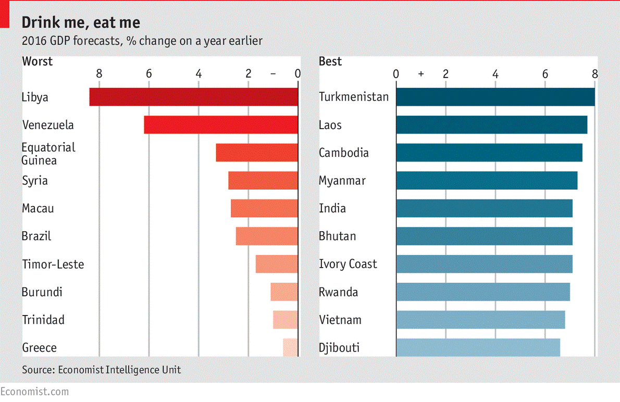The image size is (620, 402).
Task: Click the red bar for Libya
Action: click(193, 97)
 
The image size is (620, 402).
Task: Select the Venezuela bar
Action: click(221, 125)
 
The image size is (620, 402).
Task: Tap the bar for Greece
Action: click(290, 347)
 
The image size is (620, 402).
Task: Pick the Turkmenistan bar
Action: click(495, 97)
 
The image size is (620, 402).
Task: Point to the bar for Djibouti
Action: click(478, 347)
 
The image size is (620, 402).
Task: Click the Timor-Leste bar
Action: click(277, 264)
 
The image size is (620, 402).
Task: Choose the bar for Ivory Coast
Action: click(484, 264)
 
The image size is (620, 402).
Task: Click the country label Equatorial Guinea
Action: click(48, 154)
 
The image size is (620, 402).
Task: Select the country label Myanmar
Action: click(342, 181)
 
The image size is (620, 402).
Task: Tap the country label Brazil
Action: click(36, 236)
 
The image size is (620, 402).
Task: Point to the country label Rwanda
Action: click(338, 292)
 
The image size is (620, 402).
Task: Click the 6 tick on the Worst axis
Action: click(148, 74)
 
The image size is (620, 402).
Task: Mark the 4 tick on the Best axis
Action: click(495, 74)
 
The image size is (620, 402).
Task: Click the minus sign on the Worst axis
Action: click(273, 74)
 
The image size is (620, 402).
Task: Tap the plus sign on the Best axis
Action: click(421, 74)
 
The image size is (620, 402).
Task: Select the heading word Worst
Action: click(37, 61)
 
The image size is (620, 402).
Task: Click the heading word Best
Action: click(330, 61)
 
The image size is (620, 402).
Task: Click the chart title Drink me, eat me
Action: click(81, 22)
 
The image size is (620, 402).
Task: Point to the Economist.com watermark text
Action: click(34, 391)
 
